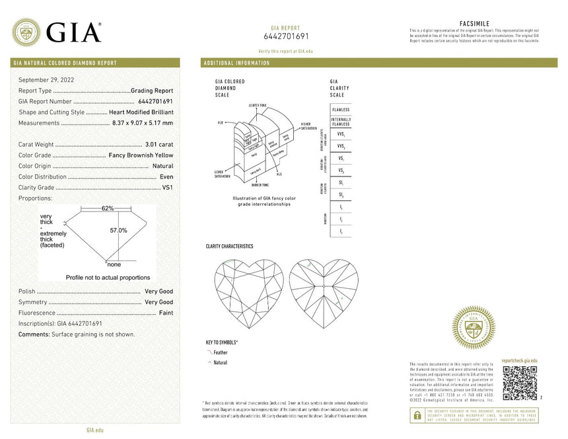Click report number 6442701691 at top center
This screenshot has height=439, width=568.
pos(285,36)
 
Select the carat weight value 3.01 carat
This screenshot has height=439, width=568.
pos(159,144)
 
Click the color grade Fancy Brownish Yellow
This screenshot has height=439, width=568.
pos(141,155)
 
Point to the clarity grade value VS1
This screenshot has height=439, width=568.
pos(167,187)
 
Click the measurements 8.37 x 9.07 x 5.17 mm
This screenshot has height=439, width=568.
pos(143,122)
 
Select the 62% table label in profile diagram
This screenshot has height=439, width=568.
pos(107,208)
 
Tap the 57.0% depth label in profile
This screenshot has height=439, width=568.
pos(118,230)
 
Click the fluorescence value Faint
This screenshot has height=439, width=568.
pos(166,312)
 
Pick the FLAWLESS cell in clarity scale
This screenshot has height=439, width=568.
pos(341,109)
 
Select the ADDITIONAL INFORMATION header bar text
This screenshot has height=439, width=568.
pos(237,63)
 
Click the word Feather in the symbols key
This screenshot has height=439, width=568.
pos(221,353)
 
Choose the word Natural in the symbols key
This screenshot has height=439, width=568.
pos(221,363)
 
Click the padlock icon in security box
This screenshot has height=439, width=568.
pos(417,415)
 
